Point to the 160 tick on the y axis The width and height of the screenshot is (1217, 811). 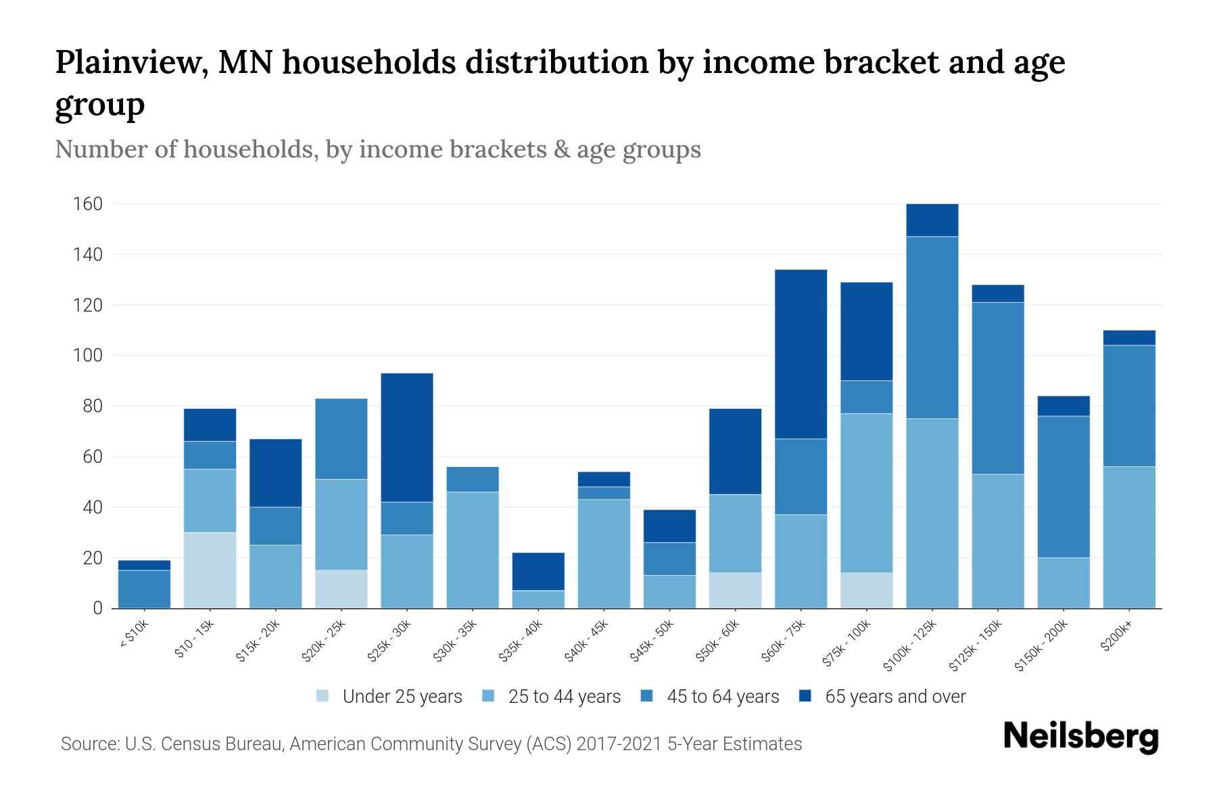(88, 204)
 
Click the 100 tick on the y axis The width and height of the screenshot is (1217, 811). (88, 355)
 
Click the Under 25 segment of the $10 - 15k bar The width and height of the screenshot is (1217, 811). (210, 570)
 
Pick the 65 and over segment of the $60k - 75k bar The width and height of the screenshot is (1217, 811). (801, 354)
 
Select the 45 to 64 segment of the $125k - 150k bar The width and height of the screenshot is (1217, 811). (997, 388)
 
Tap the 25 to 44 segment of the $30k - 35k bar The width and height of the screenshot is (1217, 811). (473, 549)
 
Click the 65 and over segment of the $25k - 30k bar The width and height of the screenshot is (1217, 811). (407, 437)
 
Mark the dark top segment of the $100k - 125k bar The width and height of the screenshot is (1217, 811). (932, 220)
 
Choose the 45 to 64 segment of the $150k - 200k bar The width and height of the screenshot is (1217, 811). (1064, 487)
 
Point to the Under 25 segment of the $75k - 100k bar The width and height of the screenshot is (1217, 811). (866, 590)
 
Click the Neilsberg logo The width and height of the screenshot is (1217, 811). (1080, 737)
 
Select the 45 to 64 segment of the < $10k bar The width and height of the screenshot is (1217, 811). (144, 589)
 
